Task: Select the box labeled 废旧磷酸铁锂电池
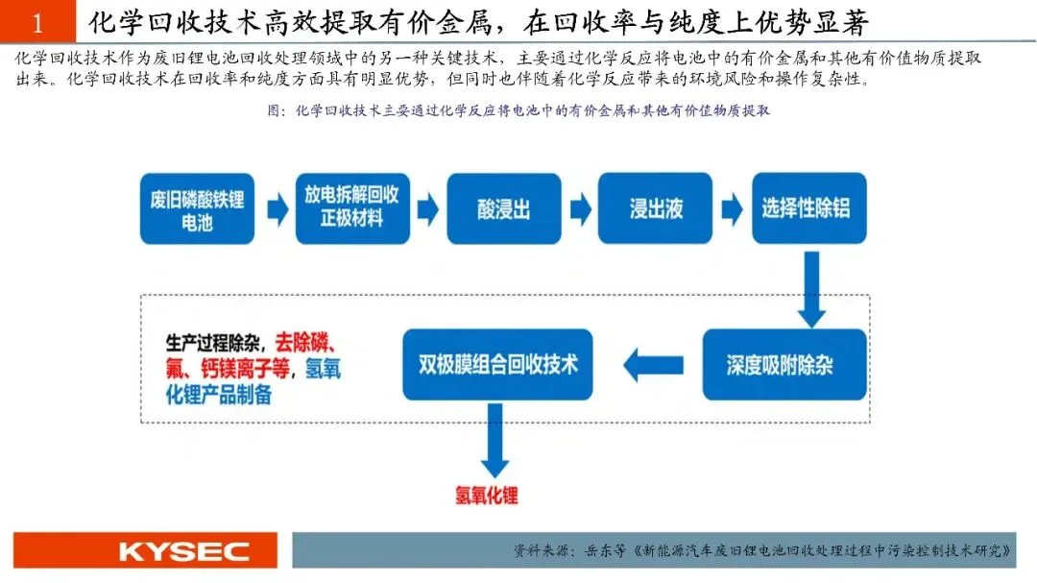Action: coord(197,209)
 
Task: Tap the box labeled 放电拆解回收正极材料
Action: coord(351,208)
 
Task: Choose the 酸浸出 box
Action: coord(503,209)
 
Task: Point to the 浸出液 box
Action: coord(656,209)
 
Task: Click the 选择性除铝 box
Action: coord(808,209)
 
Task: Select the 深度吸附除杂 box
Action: coord(780,365)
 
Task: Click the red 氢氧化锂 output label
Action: coord(486,496)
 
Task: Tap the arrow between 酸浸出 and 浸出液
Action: coord(580,209)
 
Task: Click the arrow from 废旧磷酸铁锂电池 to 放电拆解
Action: coord(277,209)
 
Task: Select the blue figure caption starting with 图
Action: coord(518,110)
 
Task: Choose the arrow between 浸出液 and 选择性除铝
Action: coord(732,209)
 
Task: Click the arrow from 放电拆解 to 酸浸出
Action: coord(428,209)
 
